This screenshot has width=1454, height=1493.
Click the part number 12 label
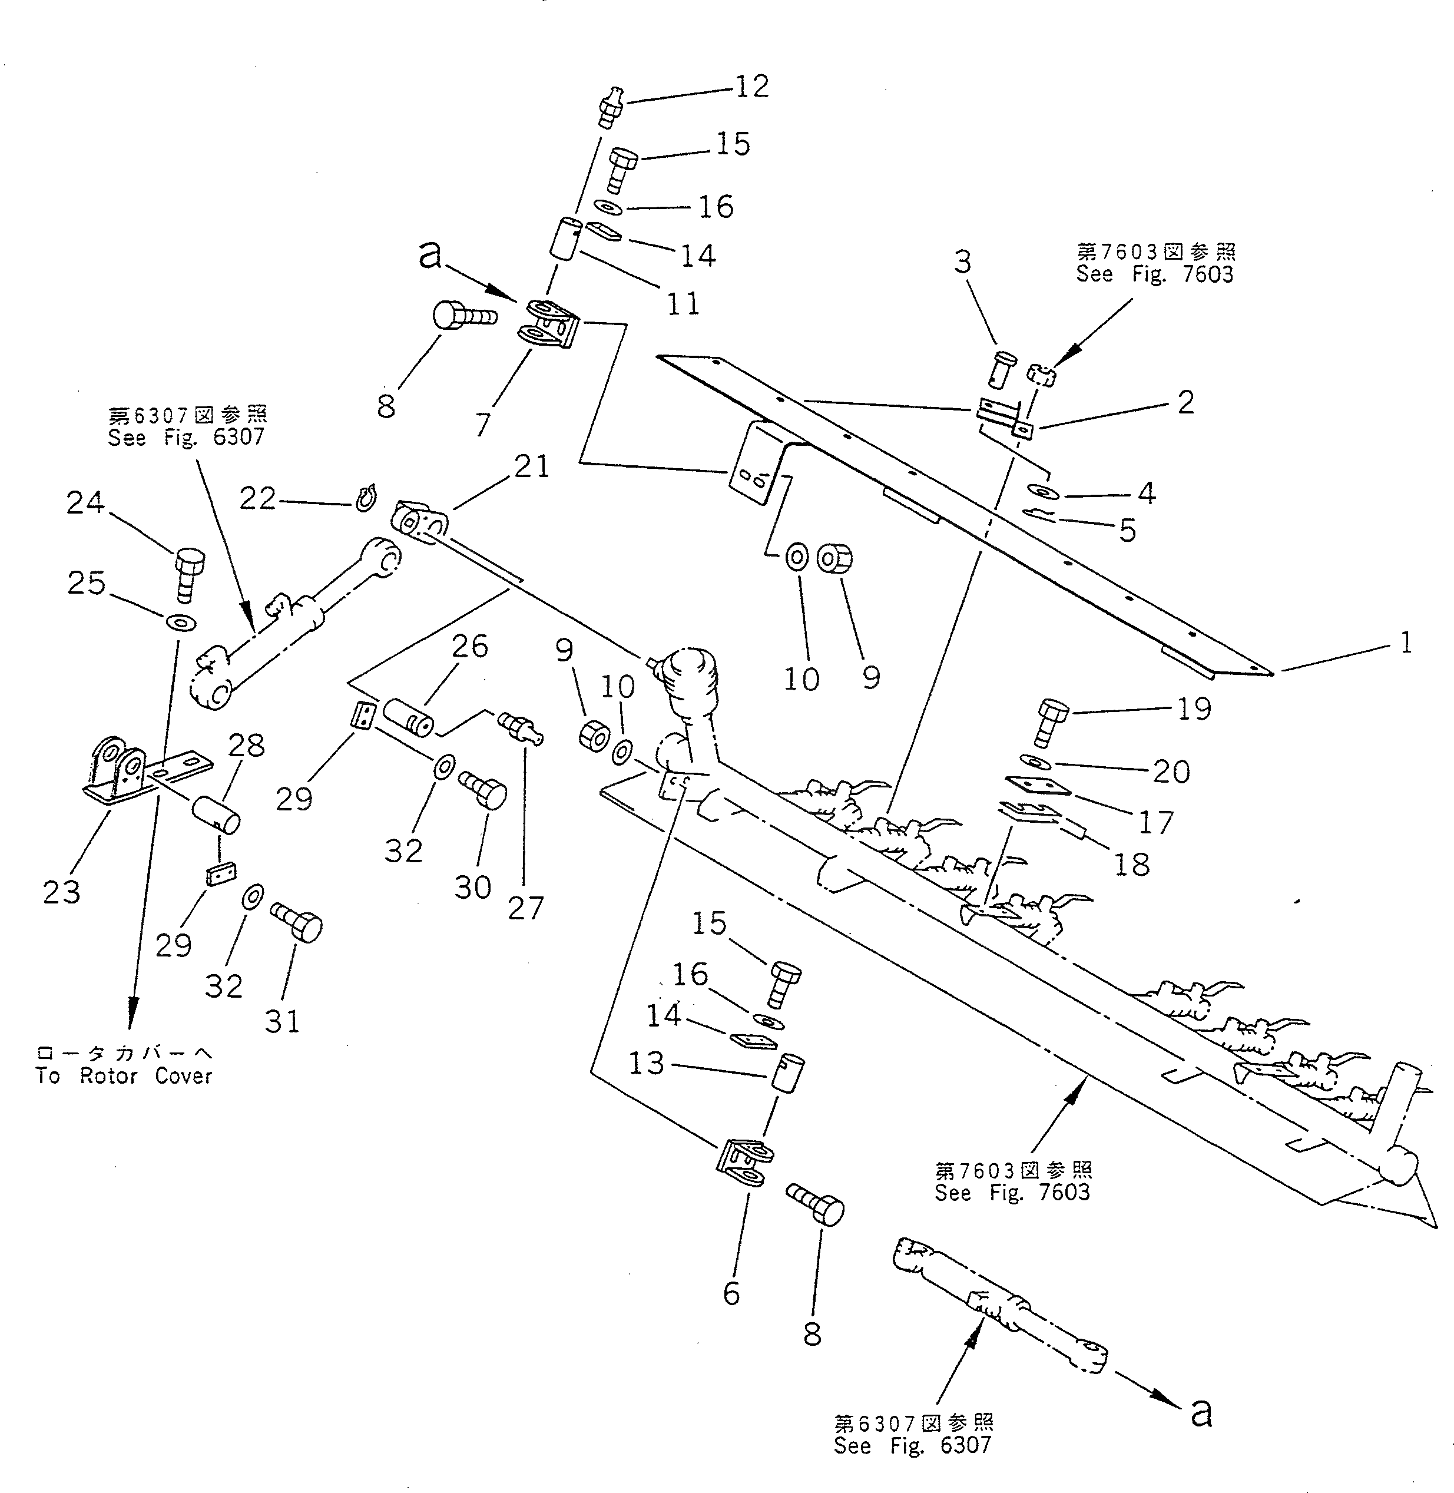[751, 87]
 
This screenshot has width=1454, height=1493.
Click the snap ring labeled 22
[366, 497]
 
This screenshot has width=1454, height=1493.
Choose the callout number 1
[1405, 643]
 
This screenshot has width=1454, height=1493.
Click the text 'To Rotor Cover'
[124, 1076]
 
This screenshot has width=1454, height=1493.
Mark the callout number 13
[647, 1063]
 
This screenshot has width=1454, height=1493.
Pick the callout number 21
[532, 466]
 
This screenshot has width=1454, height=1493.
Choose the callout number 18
[1132, 865]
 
